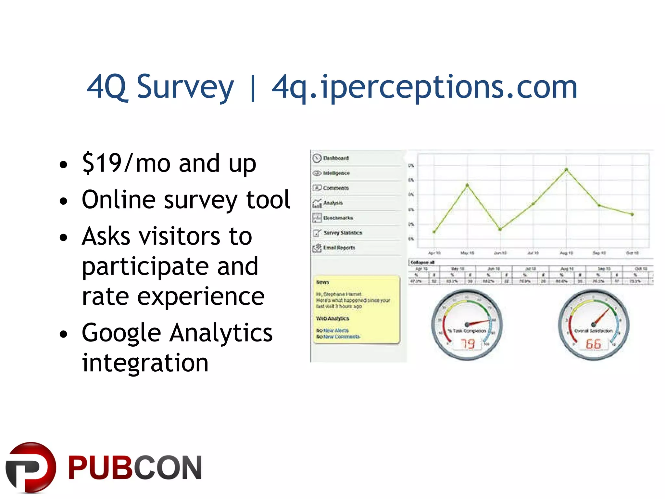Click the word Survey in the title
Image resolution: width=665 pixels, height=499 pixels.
185,87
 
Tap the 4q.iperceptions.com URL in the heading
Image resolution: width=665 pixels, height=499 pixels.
424,87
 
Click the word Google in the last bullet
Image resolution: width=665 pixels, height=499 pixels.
121,333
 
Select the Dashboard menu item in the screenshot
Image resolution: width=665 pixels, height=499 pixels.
336,158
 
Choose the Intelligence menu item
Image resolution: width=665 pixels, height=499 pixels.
336,173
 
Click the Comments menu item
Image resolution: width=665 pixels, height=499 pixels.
335,188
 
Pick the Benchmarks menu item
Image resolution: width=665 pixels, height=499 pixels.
338,218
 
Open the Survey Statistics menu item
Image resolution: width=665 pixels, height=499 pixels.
343,233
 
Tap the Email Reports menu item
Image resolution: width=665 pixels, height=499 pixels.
339,248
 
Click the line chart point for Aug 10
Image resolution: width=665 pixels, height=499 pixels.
566,170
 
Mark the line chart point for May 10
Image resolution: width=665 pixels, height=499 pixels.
467,186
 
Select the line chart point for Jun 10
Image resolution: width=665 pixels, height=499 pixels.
500,229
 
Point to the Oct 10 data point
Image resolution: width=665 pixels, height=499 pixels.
632,214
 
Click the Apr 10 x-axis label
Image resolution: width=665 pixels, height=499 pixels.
434,253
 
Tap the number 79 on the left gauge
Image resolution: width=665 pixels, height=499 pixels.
468,344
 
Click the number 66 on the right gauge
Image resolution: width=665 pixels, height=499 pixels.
593,344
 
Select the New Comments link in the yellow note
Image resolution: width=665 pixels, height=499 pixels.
342,337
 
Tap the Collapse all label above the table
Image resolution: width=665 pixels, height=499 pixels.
422,262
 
